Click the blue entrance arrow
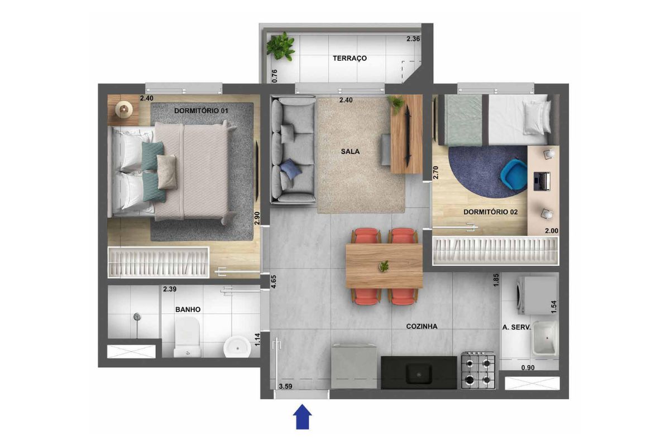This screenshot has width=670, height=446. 302,416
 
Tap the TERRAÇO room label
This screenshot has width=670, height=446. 350,58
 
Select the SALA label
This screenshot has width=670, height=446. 350,152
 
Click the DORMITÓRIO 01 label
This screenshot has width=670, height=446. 201,111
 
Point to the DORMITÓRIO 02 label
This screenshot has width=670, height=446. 491,212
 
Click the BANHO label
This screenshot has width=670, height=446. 188,309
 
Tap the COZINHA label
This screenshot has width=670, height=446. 422,327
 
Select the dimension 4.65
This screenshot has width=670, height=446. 274,282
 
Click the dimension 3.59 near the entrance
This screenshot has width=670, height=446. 285,386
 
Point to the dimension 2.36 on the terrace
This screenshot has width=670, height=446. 413,39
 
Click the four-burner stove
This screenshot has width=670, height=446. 478,370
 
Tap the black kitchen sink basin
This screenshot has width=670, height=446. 418,374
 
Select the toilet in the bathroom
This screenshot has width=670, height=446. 187,337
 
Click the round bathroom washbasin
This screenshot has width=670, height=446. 237,347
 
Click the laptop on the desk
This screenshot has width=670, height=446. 542,181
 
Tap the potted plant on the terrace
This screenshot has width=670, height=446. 281,46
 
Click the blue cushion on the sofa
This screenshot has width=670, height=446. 290,169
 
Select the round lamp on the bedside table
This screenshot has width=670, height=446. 123,109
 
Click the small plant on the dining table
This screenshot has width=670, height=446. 384,266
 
